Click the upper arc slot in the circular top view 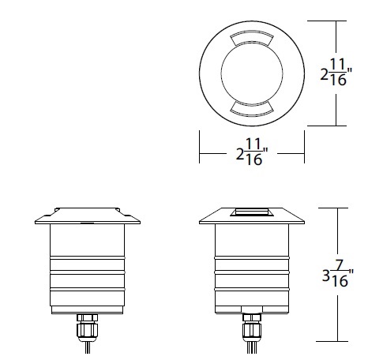point(252,39)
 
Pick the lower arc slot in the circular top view point(252,107)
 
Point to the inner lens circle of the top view point(252,73)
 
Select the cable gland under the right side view point(251,323)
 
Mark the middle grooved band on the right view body point(251,272)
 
